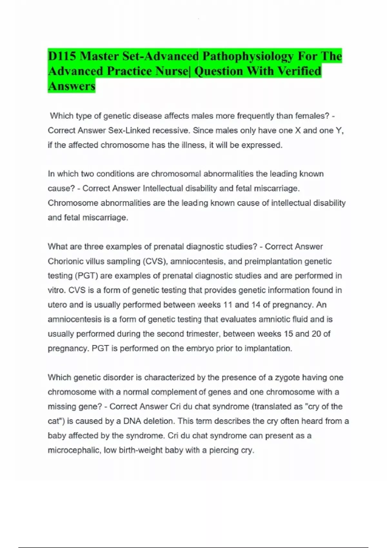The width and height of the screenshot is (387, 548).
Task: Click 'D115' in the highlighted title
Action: pyautogui.click(x=62, y=56)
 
